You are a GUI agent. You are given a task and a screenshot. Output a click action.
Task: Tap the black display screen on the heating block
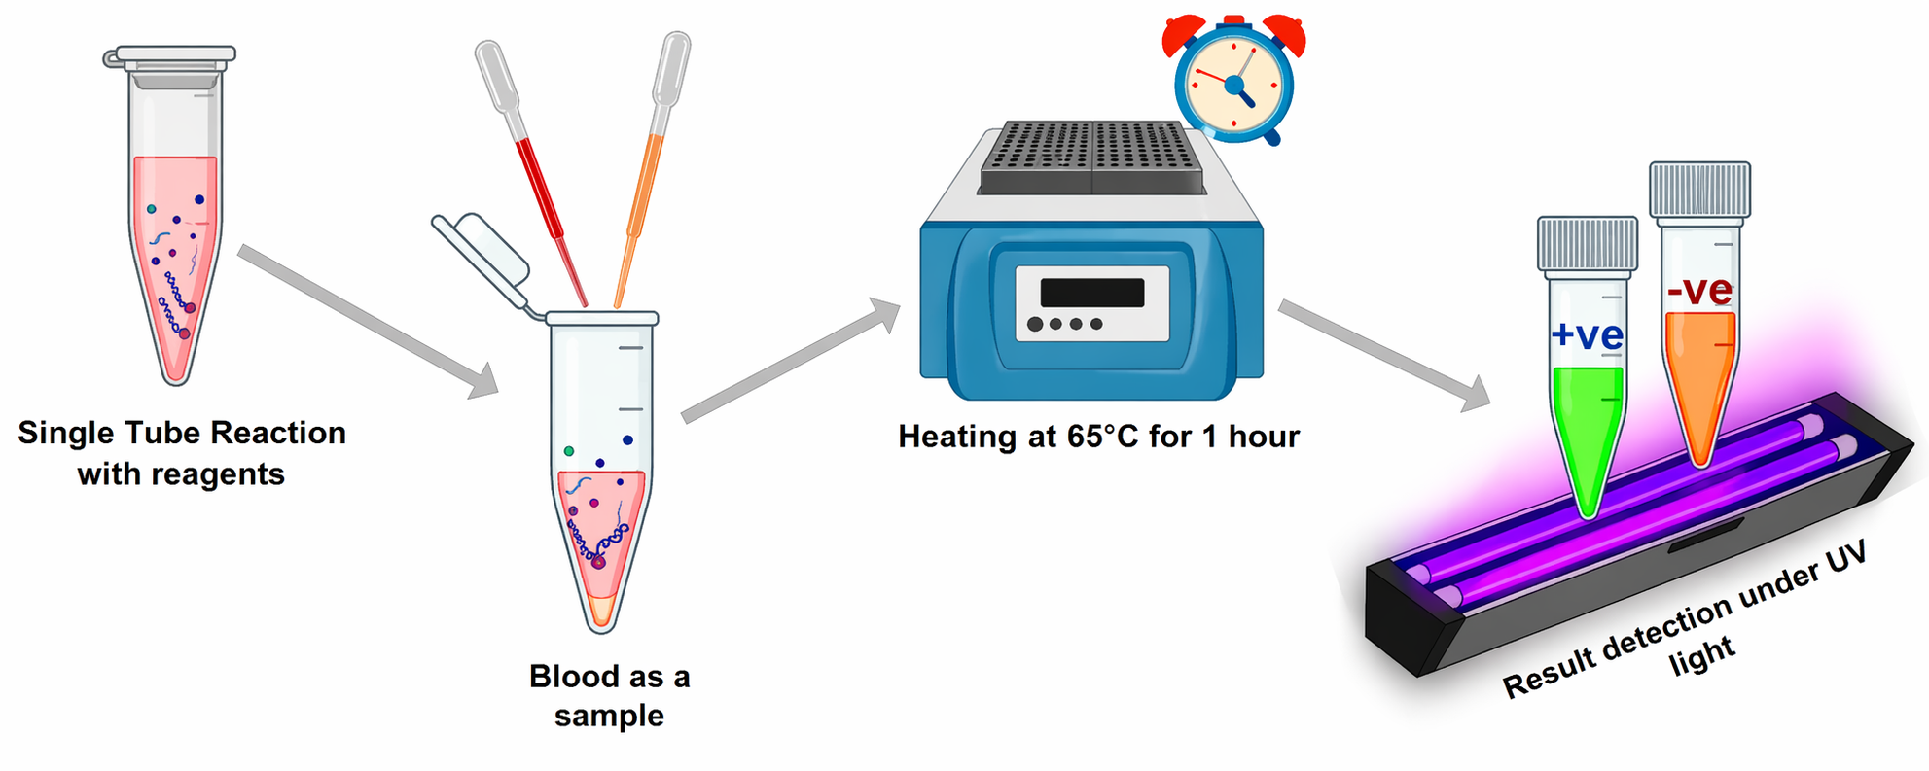[x=1092, y=293]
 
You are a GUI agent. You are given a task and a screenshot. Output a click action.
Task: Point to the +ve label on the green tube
[x=1587, y=335]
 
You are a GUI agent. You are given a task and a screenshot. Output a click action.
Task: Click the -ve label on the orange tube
[x=1699, y=290]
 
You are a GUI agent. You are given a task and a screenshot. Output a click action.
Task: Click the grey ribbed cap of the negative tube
[x=1699, y=190]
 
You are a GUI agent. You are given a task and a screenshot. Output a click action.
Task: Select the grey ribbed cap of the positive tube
[x=1588, y=244]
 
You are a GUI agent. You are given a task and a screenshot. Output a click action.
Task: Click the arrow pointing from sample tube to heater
[x=791, y=361]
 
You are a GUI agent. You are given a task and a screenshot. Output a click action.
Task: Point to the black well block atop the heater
[x=1091, y=158]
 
